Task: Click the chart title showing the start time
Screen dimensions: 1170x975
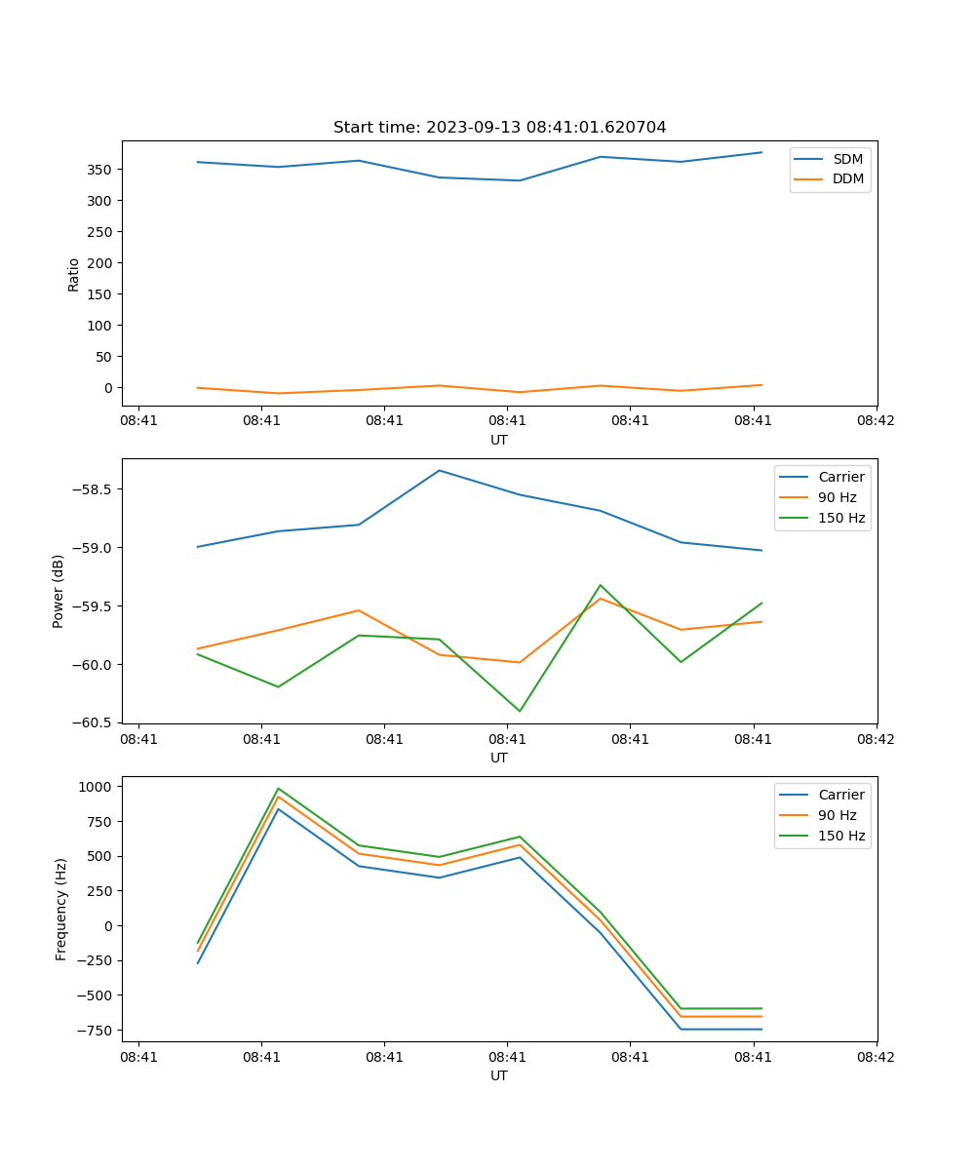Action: click(499, 128)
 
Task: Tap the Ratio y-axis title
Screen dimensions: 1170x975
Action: click(74, 274)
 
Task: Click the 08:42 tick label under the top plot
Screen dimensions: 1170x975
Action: click(875, 421)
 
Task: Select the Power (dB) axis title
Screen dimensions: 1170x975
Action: click(58, 591)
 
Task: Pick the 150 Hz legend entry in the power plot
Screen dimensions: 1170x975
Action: click(841, 518)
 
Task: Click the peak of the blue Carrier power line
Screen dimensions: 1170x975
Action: click(439, 471)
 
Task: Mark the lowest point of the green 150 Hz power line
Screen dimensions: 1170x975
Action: click(519, 711)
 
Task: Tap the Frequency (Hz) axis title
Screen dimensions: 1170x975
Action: click(61, 909)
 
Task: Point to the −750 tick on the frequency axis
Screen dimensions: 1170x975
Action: click(97, 1031)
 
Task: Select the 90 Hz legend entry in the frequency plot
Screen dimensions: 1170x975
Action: click(837, 815)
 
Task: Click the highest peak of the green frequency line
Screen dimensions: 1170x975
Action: click(278, 789)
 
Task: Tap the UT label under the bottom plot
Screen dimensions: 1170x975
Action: click(498, 1075)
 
